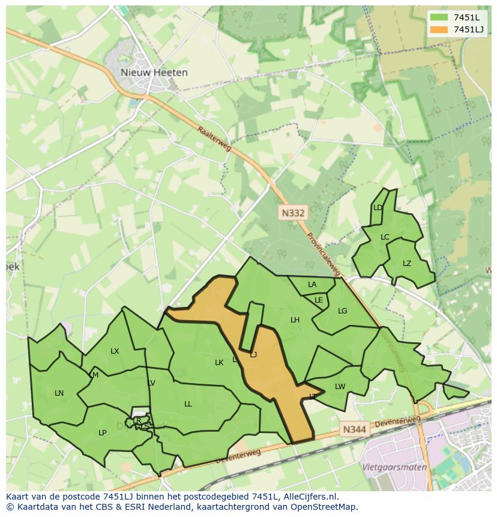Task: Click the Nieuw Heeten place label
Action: tap(154, 72)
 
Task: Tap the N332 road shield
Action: tap(292, 213)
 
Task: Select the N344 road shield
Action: tap(354, 429)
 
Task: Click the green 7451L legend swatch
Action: tap(439, 17)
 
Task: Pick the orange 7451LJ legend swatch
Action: tap(439, 29)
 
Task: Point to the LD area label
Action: tap(378, 208)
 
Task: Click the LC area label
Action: tap(385, 237)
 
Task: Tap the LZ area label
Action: tap(407, 264)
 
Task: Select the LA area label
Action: tap(312, 285)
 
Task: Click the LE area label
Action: tap(319, 300)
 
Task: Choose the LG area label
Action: tap(342, 310)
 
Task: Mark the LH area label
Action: tap(295, 320)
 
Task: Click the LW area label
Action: tap(340, 387)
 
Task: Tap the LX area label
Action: tap(115, 351)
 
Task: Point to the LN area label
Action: tap(59, 393)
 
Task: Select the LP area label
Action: tap(103, 433)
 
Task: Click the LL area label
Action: tap(188, 404)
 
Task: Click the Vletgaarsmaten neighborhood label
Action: tap(394, 467)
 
